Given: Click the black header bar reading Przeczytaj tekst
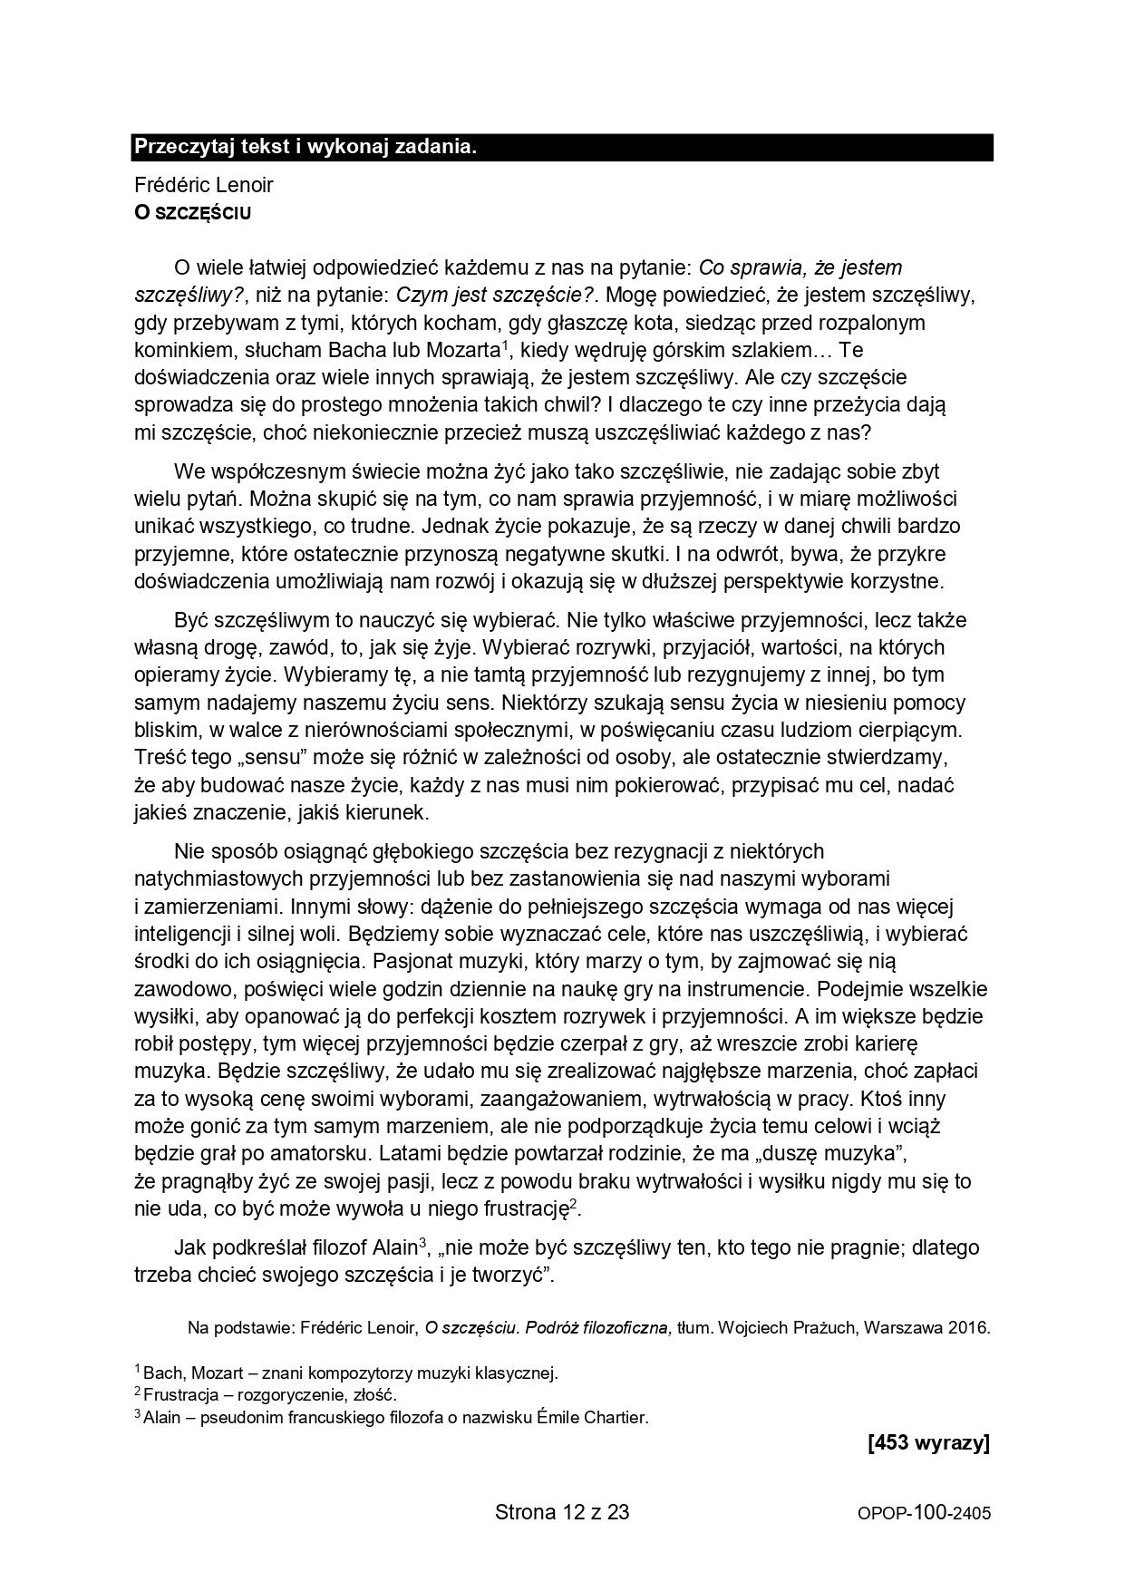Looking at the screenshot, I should (x=562, y=147).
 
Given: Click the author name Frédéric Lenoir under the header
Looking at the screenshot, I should (x=203, y=185).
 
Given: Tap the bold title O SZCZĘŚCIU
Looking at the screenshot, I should (x=192, y=213).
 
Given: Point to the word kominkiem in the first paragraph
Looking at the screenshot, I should (x=178, y=350).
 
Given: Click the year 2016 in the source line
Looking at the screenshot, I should (x=968, y=1328).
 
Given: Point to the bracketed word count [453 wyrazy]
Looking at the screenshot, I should (x=928, y=1443).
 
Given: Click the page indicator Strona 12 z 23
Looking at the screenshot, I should (x=562, y=1511).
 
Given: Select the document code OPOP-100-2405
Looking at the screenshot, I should (x=924, y=1513).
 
